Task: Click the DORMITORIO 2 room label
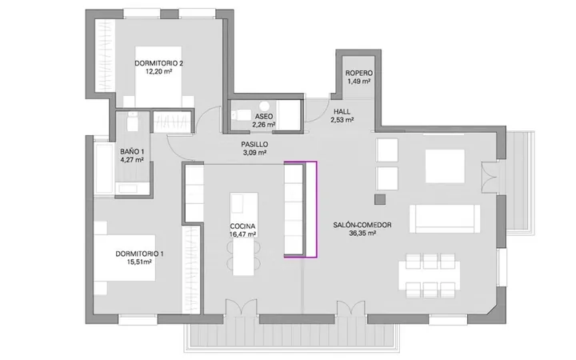tap(158, 63)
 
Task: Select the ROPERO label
tap(359, 73)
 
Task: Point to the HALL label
tap(342, 111)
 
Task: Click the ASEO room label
tap(264, 117)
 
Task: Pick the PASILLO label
tap(254, 144)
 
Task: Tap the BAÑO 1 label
tap(132, 151)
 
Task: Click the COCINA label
tap(242, 226)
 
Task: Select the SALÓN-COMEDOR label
tap(362, 225)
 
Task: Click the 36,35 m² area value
tap(362, 234)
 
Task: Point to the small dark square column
tap(380, 199)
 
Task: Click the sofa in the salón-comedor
tap(445, 218)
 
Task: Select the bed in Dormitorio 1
tap(125, 258)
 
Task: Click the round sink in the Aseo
tap(264, 106)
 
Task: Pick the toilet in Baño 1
tap(132, 122)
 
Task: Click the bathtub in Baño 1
tap(104, 168)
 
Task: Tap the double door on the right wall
tap(490, 178)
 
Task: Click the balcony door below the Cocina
tap(241, 307)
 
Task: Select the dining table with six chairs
tap(430, 275)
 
